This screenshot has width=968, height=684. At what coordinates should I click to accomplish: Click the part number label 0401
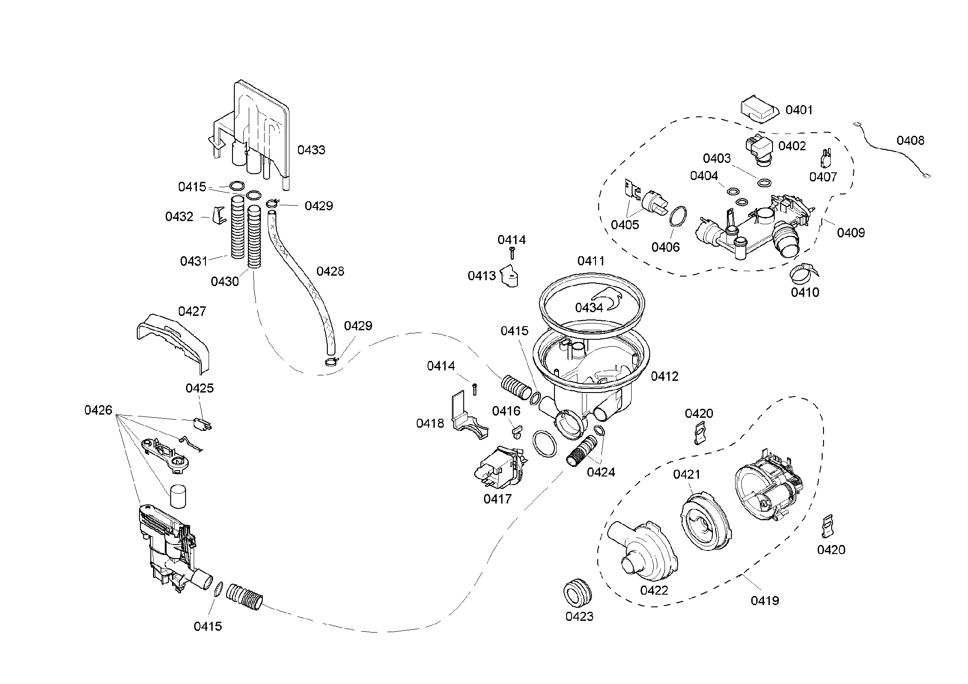(x=799, y=110)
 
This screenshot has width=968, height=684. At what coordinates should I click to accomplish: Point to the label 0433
(x=311, y=150)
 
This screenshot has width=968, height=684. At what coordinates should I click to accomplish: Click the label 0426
(x=98, y=410)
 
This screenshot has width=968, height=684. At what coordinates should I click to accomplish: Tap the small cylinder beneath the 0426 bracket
(x=178, y=497)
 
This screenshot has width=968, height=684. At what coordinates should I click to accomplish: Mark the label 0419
(x=765, y=601)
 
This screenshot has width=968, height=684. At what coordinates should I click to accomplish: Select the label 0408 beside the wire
(x=910, y=141)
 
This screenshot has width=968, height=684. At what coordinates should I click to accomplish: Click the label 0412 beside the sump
(x=665, y=376)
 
